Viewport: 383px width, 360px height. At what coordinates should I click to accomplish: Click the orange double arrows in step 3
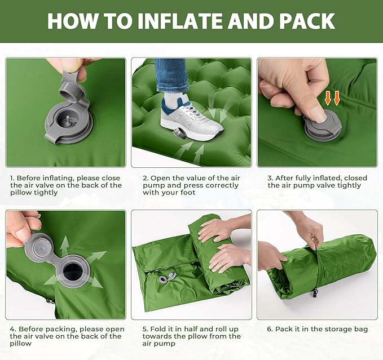point(333,98)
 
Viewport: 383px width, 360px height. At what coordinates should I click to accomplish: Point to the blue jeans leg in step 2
point(171,76)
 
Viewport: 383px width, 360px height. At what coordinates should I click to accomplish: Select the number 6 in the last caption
point(270,329)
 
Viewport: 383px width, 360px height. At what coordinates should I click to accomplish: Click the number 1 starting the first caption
point(11,178)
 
